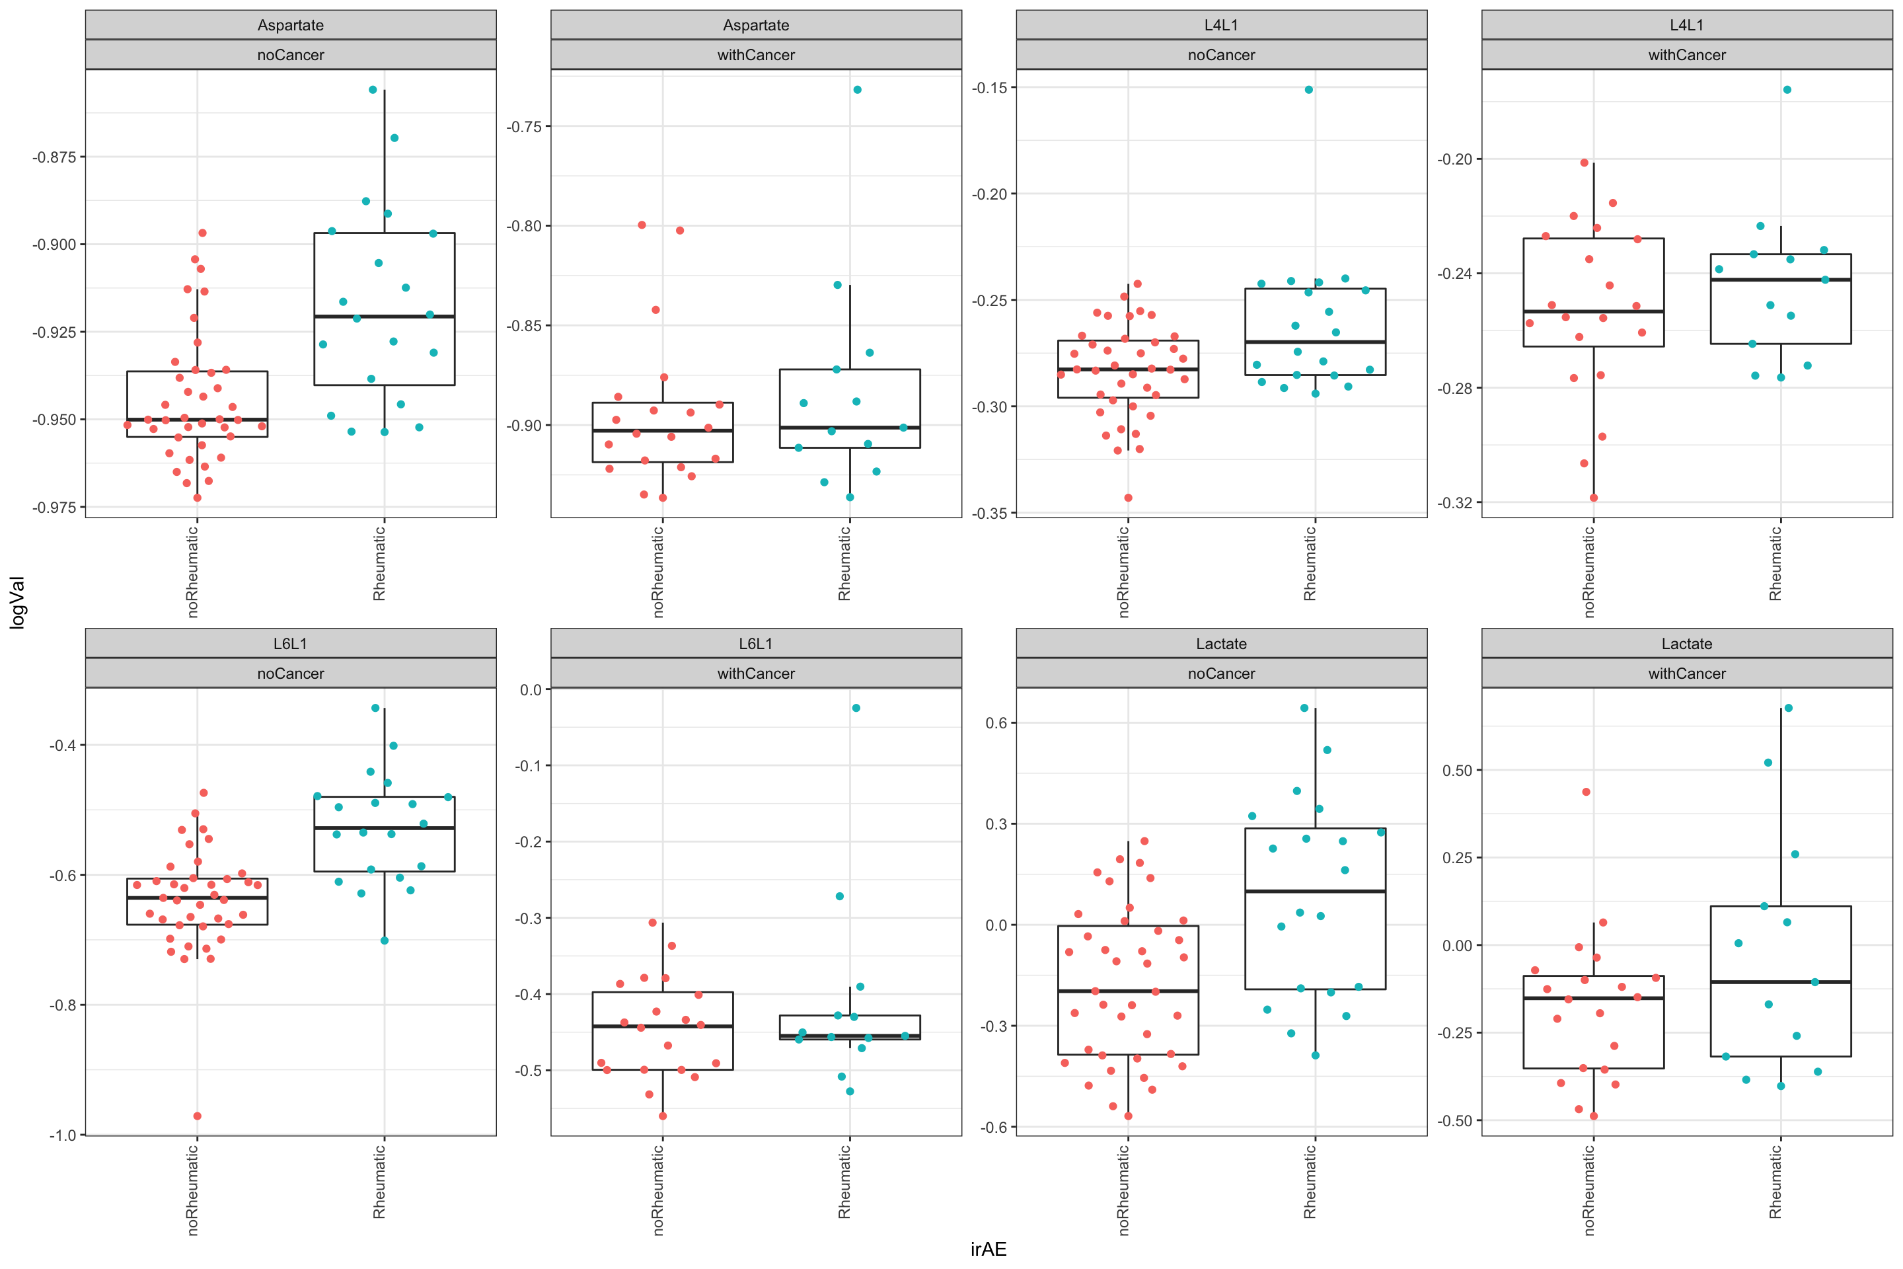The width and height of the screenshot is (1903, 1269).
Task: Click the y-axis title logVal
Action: [18, 602]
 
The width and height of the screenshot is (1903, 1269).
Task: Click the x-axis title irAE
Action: [988, 1249]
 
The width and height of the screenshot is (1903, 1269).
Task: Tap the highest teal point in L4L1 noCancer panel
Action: [1308, 90]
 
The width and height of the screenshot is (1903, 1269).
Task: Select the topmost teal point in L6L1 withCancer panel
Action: [856, 708]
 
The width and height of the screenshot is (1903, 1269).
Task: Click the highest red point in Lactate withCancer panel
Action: [1586, 792]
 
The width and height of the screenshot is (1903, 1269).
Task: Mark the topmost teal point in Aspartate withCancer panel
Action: [857, 90]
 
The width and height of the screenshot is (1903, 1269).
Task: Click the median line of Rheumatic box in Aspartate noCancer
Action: [385, 317]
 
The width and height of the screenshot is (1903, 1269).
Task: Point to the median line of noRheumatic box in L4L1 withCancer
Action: [1593, 311]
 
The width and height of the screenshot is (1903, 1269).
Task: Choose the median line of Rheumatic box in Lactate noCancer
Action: [1315, 891]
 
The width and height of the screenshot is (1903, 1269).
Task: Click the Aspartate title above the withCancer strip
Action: [756, 25]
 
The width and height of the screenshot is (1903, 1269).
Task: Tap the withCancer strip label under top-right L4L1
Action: [1686, 55]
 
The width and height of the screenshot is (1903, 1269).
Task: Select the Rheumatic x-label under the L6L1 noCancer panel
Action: [379, 1182]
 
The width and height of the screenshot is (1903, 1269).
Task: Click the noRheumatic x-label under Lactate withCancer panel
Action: [1588, 1190]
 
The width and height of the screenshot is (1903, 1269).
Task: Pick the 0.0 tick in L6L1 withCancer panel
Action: [530, 690]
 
